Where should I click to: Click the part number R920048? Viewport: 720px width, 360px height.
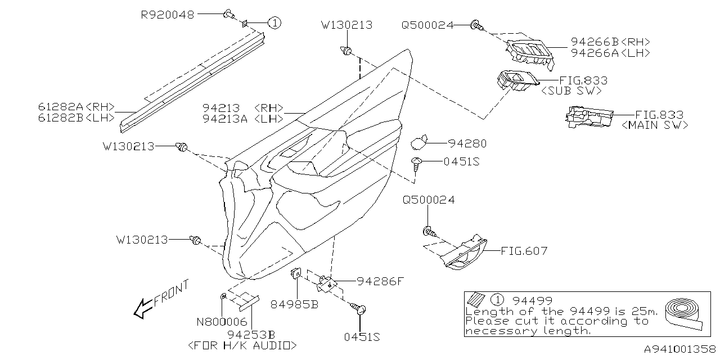tap(167, 15)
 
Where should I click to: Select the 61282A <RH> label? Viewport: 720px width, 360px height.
tap(76, 107)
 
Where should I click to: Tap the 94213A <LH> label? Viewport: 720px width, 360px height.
tap(242, 118)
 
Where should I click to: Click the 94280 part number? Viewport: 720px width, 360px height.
tap(467, 144)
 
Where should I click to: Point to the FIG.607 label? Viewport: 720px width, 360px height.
tap(524, 251)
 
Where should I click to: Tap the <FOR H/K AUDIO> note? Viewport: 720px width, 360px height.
tap(242, 345)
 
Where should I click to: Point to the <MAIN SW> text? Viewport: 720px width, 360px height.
tap(655, 125)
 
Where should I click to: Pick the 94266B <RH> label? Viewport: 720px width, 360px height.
tap(610, 42)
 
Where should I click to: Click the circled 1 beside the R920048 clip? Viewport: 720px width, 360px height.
tap(273, 23)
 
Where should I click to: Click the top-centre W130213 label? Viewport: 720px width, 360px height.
tap(346, 25)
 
